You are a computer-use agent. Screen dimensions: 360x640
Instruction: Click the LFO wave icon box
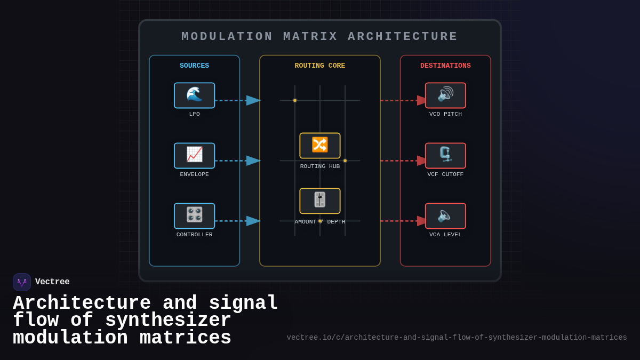[x=194, y=95]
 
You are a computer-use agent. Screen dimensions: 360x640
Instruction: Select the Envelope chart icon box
[x=194, y=156]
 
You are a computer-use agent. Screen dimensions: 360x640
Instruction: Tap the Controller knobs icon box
[x=194, y=216]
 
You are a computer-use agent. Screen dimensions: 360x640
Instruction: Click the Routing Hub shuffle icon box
[x=320, y=146]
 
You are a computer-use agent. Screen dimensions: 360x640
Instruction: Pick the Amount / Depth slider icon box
[x=320, y=201]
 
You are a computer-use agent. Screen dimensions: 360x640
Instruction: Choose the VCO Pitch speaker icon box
[x=445, y=95]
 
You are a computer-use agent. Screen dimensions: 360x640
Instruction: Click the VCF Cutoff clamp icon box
[x=445, y=156]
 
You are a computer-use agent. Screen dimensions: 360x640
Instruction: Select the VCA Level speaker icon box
[x=445, y=216]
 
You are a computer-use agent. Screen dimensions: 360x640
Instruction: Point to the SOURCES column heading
[x=194, y=66]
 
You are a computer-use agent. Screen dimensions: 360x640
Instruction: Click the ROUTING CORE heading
[x=320, y=66]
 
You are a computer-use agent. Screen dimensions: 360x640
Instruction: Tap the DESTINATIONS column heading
[x=445, y=66]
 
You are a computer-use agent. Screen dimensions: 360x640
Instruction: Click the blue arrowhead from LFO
[x=253, y=100]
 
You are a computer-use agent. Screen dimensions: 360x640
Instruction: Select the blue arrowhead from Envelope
[x=253, y=161]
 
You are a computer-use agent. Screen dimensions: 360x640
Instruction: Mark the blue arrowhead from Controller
[x=253, y=221]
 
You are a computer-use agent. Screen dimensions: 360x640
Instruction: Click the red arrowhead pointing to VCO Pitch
[x=422, y=100]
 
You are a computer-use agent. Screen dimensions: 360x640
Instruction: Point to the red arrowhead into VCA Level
[x=422, y=221]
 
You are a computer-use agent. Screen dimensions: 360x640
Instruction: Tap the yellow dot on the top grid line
[x=295, y=100]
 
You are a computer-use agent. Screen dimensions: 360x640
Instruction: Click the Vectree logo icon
[x=22, y=282]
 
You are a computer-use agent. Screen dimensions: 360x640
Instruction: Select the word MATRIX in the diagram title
[x=310, y=37]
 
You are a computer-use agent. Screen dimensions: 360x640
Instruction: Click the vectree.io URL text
[x=457, y=338]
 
